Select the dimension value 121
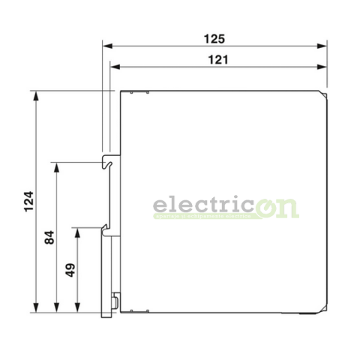pos(215,58)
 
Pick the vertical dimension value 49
pos(70,269)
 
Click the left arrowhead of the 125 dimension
pos(106,44)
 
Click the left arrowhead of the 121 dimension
pos(114,66)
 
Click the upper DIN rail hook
pos(109,160)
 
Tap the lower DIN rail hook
pos(106,227)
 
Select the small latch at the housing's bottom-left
pos(115,302)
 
